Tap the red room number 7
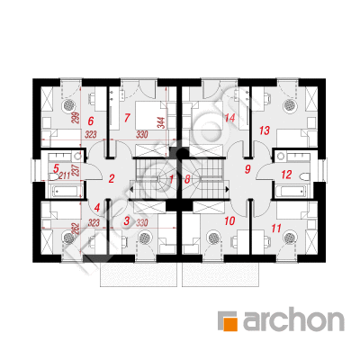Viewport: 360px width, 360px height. [127, 117]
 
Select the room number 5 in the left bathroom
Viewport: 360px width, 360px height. [56, 167]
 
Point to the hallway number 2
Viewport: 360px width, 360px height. [112, 179]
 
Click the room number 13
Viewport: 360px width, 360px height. [264, 130]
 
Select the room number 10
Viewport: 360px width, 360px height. [229, 220]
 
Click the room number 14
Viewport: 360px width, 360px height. [230, 118]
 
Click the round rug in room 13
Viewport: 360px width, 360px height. [291, 103]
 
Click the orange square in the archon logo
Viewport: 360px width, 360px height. [229, 319]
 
